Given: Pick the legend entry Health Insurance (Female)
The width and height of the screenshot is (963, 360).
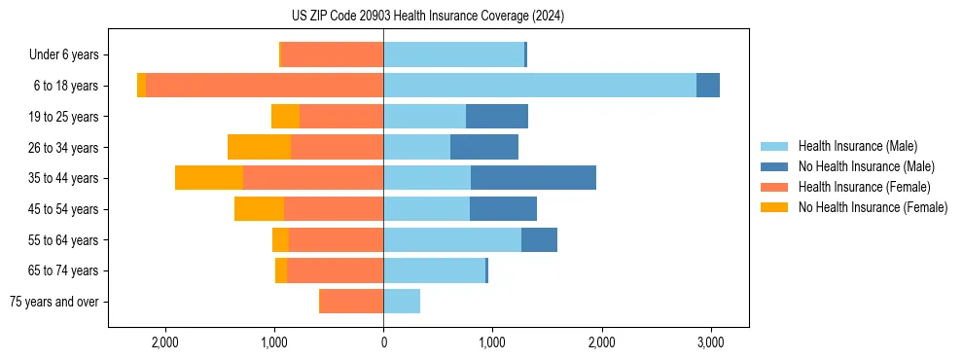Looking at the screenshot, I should point(864,187).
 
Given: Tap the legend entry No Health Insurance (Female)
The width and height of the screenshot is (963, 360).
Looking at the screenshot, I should point(873,207).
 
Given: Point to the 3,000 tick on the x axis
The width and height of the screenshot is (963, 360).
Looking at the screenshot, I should point(710,342).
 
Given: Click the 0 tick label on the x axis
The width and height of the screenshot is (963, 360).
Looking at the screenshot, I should point(383,342).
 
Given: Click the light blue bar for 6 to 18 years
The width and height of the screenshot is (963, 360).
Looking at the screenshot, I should point(540,86).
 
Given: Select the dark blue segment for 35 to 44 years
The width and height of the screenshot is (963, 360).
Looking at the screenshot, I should point(533,178).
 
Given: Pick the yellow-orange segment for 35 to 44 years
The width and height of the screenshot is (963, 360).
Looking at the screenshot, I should point(209,178).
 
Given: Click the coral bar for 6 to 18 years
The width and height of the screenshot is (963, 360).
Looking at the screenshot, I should point(265,86).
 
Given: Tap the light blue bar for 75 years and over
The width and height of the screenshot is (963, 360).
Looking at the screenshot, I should point(402,302).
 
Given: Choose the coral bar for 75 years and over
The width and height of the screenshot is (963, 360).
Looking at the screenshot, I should point(351,302).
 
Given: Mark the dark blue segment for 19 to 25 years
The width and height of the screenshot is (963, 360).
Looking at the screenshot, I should point(497,117).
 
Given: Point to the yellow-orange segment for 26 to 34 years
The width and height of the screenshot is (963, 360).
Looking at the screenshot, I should point(259,147).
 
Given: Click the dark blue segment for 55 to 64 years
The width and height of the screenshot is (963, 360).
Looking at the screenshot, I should point(539,239).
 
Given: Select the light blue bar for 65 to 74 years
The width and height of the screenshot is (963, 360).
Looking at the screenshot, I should point(434,270).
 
